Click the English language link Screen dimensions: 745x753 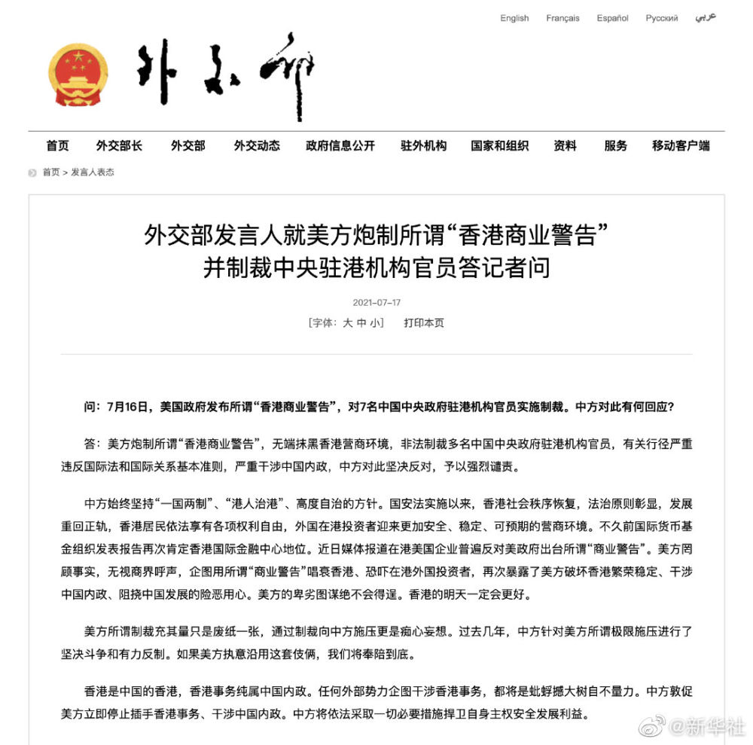514,18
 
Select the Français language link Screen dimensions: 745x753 562,18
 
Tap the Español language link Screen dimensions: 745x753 612,18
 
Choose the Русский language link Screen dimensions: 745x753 661,18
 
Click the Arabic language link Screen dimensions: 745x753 706,17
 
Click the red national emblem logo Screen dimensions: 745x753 78,74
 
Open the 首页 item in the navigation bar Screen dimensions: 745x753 57,146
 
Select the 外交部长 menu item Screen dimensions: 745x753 119,146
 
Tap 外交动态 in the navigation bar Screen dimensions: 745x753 257,146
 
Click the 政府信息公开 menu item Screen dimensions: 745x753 340,146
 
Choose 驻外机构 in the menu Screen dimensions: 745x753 423,146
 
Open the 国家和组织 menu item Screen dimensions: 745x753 500,146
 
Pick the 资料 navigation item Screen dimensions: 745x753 565,146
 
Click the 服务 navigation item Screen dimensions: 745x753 615,146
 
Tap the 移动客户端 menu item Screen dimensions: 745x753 681,146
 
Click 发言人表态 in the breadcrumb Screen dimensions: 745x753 93,173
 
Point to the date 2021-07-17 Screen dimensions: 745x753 376,303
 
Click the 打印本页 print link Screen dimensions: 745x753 424,322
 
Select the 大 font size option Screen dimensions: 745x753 348,322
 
